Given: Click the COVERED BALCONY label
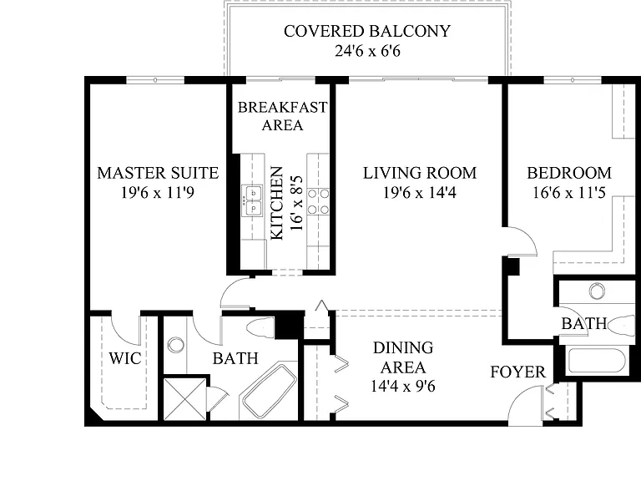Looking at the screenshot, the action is coord(367,31).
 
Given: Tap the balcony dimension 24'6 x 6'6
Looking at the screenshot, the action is coord(367,51).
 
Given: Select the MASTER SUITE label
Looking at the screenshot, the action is coord(158,173).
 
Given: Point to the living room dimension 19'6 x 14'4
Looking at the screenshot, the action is coord(420,192).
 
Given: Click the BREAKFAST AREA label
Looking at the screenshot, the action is coord(282,116).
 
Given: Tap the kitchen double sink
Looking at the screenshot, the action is coord(252,200).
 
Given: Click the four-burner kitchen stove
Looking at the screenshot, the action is coord(318,200).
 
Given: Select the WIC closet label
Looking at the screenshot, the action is coord(125,358).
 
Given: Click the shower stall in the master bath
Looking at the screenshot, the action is coord(185,399).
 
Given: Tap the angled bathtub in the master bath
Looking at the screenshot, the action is coord(270,391).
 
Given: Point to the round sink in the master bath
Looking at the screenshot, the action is coord(176,345).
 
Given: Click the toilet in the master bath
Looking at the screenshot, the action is coord(260,327).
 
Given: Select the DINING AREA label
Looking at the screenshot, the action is coord(403,357).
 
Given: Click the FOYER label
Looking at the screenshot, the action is coord(518,372).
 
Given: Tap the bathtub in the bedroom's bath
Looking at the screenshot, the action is coord(597,361).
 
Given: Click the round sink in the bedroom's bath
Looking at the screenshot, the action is coord(598,291).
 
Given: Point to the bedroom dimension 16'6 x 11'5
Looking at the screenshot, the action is coord(568,192).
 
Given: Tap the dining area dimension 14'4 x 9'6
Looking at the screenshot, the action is coord(403,386).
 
